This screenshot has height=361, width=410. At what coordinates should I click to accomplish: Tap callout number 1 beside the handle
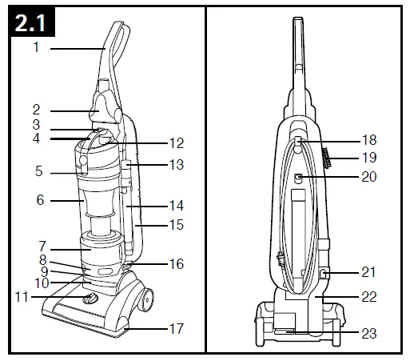tap(37, 48)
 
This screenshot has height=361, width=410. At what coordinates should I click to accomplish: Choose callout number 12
tap(177, 143)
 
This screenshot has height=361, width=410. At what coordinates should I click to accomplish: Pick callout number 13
tap(177, 165)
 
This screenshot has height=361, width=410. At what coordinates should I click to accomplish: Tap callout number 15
tap(177, 225)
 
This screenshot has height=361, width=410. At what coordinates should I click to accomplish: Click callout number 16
tap(177, 263)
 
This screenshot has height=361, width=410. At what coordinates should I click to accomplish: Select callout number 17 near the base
tap(177, 327)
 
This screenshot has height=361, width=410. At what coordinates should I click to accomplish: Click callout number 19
tap(368, 158)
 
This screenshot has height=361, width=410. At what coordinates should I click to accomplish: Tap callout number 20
tap(368, 177)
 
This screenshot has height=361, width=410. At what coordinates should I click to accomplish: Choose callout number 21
tap(368, 272)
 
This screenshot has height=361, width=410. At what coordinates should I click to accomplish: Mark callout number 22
tap(368, 296)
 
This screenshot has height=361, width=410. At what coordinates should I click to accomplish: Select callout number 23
tap(368, 333)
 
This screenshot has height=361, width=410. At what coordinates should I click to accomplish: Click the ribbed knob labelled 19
tap(327, 157)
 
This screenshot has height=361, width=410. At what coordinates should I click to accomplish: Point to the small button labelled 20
tap(298, 178)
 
